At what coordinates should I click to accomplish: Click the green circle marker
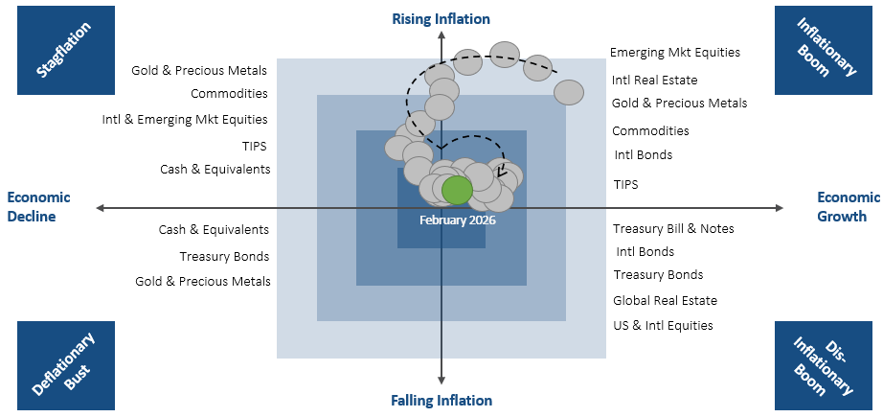(457, 190)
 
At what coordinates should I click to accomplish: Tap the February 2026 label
(458, 220)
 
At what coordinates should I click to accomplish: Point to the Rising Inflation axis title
(441, 19)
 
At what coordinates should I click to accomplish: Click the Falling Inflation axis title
(441, 401)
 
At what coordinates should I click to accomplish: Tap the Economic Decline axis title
(38, 207)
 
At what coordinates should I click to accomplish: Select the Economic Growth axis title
(842, 207)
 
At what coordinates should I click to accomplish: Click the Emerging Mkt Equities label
(675, 53)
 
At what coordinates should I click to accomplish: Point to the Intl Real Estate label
(654, 81)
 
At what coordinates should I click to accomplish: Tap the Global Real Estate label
(665, 300)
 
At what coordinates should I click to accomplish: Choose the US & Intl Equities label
(663, 325)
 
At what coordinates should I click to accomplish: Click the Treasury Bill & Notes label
(673, 228)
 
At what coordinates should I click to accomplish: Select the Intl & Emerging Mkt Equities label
(185, 120)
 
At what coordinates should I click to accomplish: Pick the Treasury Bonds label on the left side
(224, 256)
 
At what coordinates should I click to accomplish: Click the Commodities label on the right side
(650, 130)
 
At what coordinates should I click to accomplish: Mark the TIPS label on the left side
(255, 146)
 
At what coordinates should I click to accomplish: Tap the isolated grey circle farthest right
(569, 92)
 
